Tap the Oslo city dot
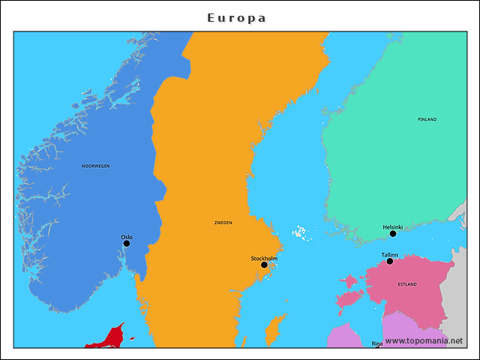point(127,243)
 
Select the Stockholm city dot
point(264,265)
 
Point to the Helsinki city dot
point(393,233)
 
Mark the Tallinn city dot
point(390,261)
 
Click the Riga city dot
point(377,346)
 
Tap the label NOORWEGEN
point(96,166)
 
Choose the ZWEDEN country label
point(223,223)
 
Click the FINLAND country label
point(427,119)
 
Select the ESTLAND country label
point(408,284)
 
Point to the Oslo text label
point(127,237)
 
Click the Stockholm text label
point(264,259)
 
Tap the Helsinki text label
point(393,227)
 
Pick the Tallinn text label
point(390,255)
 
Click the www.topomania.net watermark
point(424,341)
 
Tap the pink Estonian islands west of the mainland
point(349,292)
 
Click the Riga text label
point(377,342)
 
